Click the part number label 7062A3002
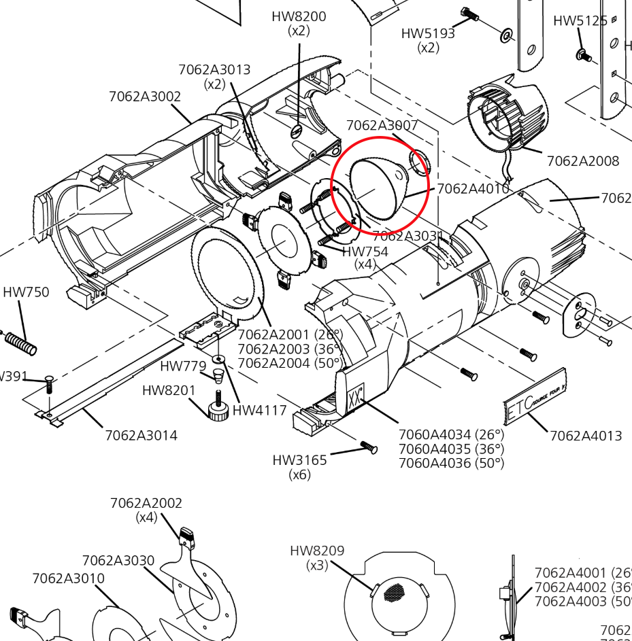point(145,97)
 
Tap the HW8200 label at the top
point(299,16)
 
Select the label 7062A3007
point(382,125)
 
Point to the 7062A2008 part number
point(583,161)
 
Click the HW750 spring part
point(20,342)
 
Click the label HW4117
point(259,410)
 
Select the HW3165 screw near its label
point(368,447)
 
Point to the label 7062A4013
point(586,435)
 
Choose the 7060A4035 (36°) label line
point(451,449)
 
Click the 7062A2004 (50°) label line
point(290,363)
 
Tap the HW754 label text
point(365,252)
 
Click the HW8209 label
point(317,551)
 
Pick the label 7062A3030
point(118,560)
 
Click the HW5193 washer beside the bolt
point(507,35)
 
